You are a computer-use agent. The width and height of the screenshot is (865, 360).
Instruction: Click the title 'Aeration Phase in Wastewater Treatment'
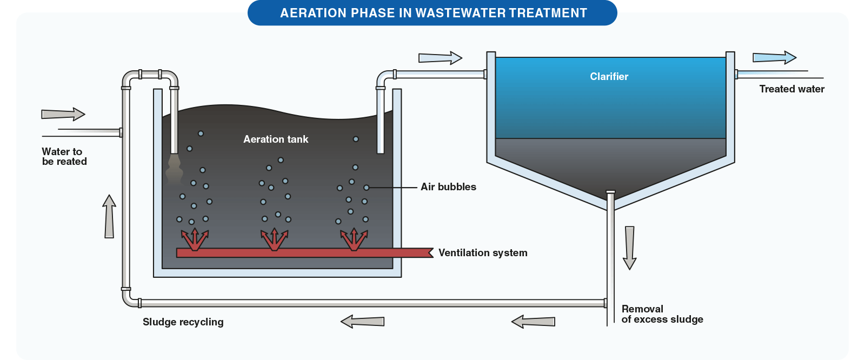(433, 13)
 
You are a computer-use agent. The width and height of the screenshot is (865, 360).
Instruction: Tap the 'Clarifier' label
(609, 77)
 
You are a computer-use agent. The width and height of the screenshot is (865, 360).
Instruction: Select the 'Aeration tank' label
(276, 139)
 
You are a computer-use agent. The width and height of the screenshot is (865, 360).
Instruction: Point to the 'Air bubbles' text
(448, 187)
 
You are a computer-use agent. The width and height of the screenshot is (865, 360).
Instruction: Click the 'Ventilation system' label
(482, 253)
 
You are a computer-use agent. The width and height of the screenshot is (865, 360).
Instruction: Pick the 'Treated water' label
(791, 89)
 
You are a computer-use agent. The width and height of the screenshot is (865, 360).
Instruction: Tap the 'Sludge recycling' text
(183, 322)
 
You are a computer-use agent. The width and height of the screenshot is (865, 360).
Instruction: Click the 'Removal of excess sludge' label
(662, 314)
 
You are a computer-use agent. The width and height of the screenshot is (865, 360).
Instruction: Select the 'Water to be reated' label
(64, 157)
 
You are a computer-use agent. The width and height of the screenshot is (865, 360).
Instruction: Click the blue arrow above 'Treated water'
(774, 57)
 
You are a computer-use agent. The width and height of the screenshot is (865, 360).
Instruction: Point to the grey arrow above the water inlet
(63, 114)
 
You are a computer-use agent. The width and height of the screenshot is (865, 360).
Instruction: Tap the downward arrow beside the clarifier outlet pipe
(629, 248)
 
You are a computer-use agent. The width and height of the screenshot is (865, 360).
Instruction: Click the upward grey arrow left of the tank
(109, 216)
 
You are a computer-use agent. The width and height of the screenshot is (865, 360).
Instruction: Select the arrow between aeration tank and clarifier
(440, 58)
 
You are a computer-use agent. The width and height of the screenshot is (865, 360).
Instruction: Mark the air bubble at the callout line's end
(366, 188)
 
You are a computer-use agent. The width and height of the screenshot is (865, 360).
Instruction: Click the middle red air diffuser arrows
(274, 239)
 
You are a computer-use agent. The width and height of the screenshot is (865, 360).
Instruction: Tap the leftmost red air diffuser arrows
(195, 239)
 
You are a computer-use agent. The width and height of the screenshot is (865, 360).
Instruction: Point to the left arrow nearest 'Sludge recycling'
(362, 322)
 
